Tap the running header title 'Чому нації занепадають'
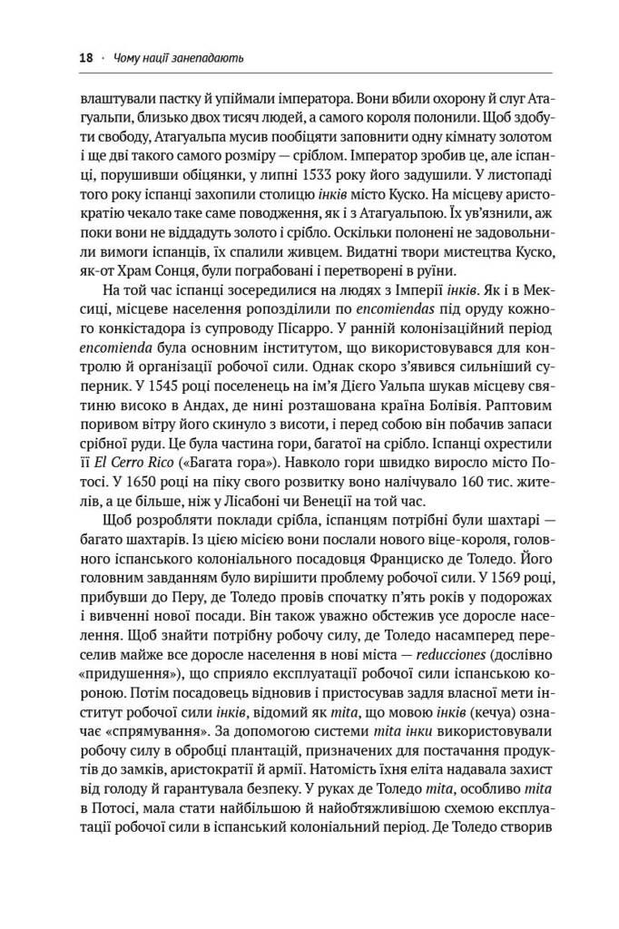(x=177, y=59)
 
